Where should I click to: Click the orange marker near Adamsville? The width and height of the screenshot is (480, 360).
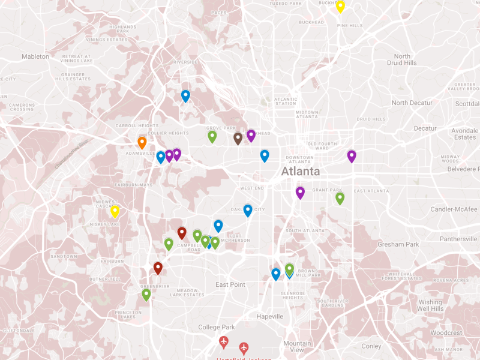(142, 143)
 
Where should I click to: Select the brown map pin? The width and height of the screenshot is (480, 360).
(238, 139)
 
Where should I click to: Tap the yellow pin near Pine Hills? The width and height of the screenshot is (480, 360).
(340, 7)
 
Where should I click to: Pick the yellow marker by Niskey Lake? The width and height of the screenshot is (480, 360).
(115, 211)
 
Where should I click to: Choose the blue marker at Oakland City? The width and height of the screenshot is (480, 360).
(248, 211)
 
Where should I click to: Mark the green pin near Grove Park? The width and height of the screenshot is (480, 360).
(212, 137)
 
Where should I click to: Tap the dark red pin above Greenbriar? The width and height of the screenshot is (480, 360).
(158, 268)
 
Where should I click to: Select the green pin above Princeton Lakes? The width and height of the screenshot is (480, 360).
(146, 295)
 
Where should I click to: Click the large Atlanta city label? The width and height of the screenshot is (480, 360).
(301, 172)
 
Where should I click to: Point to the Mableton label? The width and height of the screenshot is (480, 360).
(35, 56)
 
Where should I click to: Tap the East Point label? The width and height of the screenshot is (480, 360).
(230, 284)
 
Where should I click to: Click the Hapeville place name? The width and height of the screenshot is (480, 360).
(269, 316)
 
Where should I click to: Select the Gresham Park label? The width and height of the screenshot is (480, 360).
(398, 244)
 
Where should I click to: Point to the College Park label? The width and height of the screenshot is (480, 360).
(217, 327)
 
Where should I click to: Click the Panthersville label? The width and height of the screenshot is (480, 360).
(458, 239)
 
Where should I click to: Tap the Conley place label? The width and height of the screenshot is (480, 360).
(371, 346)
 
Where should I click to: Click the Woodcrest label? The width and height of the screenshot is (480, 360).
(446, 332)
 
